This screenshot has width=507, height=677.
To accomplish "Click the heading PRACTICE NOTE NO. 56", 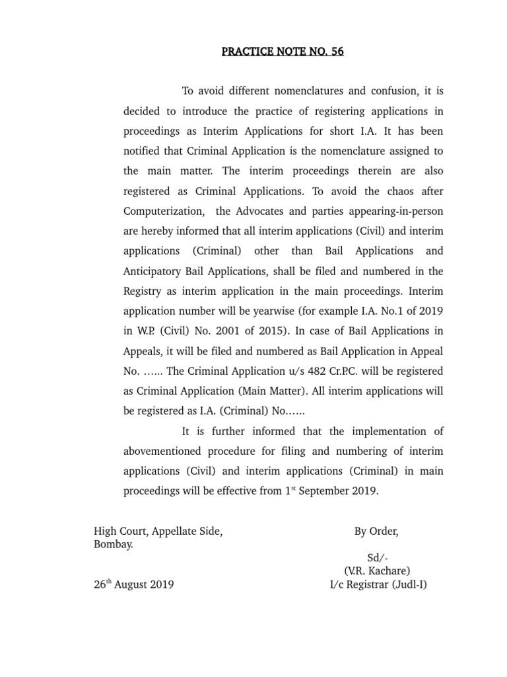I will (283, 52).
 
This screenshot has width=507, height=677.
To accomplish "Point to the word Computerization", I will (162, 211).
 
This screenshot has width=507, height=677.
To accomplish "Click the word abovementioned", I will (163, 451).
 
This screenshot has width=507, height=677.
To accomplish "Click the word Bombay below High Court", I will (114, 545).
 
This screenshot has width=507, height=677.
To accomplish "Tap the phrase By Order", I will (376, 532).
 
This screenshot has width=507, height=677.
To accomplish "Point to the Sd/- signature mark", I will (376, 559).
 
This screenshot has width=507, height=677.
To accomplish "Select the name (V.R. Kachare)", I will (377, 571).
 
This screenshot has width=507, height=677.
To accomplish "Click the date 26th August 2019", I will (134, 584).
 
